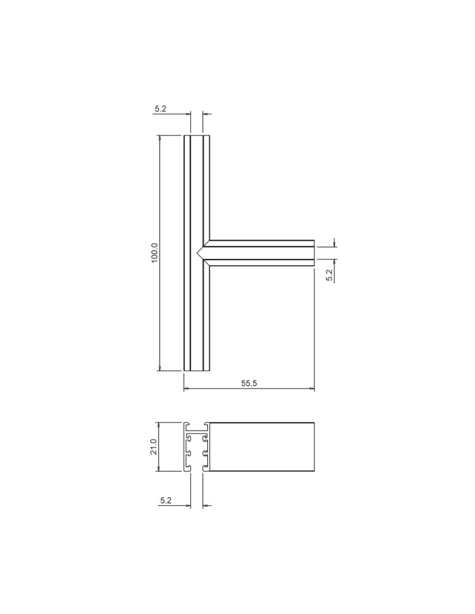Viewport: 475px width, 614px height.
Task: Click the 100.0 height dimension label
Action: coord(155,253)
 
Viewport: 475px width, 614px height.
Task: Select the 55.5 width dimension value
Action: coord(249,383)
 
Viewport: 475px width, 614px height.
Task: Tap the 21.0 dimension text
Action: coord(155,446)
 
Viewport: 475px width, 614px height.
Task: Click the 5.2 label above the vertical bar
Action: coord(161,109)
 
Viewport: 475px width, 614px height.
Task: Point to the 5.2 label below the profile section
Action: coord(165,501)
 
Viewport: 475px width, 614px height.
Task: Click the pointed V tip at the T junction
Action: coord(198,253)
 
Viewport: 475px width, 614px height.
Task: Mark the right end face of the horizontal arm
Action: coord(314,253)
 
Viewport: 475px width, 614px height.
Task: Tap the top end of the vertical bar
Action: coord(197,136)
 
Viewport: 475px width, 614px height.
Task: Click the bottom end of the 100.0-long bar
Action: coord(197,371)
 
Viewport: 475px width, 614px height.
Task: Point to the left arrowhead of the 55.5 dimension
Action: coord(187,389)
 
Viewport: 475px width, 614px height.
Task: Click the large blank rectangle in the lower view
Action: coord(261,446)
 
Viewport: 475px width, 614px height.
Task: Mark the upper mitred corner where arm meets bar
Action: coord(210,240)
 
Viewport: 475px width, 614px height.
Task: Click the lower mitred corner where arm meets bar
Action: coord(210,266)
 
